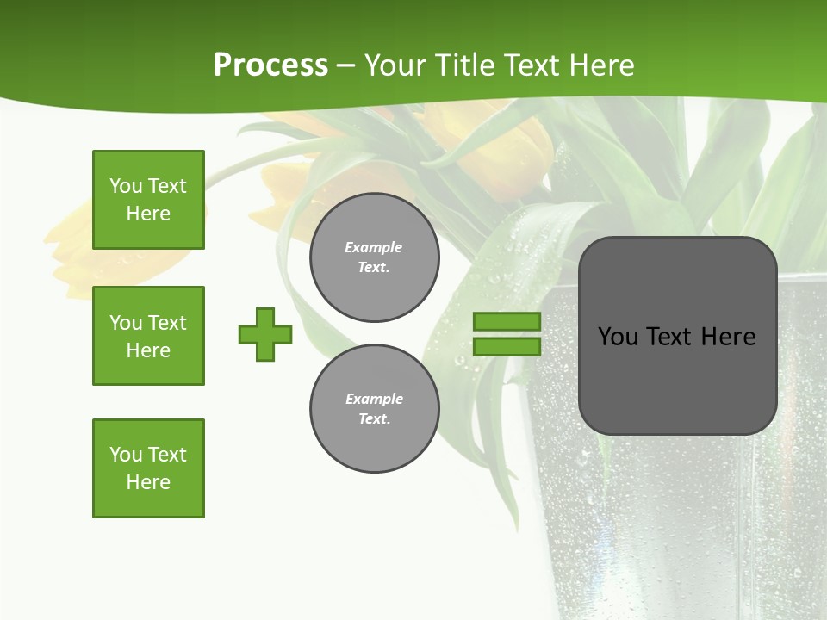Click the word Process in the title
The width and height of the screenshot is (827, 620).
(x=270, y=65)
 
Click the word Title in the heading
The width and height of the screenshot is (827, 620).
(x=466, y=65)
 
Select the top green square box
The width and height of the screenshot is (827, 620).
(x=148, y=200)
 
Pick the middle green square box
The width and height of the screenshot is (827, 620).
(x=148, y=336)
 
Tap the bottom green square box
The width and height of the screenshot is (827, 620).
(x=148, y=468)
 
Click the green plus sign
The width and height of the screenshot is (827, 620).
(x=265, y=334)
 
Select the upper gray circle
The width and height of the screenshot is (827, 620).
(x=374, y=257)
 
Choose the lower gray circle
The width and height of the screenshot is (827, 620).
(x=374, y=408)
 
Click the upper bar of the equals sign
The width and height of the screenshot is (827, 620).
(x=507, y=321)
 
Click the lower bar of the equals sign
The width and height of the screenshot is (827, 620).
(x=507, y=346)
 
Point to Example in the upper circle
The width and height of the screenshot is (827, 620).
(x=373, y=247)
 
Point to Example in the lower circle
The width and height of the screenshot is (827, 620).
(x=373, y=399)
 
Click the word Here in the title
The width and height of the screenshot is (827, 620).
(x=598, y=65)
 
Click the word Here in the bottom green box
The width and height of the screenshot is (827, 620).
(x=148, y=482)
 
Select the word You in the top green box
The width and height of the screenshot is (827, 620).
(x=126, y=186)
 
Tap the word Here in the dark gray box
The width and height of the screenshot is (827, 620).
(x=728, y=337)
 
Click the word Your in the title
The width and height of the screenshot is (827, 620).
(x=396, y=65)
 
